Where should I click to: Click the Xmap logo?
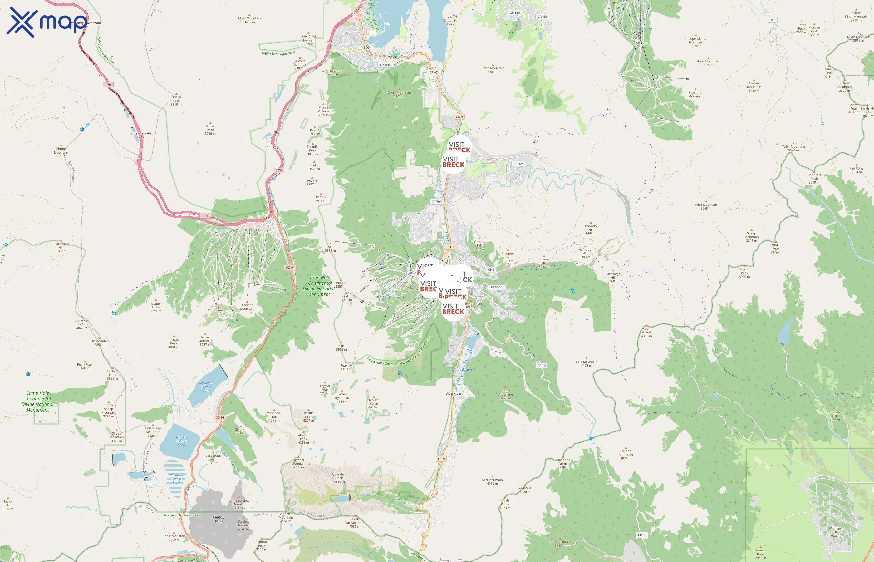click(x=47, y=22)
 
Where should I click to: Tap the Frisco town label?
click(x=364, y=47)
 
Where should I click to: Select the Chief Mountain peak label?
click(x=249, y=20)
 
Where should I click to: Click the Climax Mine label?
click(x=218, y=519)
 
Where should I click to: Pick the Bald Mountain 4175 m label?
click(x=586, y=363)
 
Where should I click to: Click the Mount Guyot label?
click(x=646, y=332)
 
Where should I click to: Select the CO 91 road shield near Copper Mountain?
click(x=290, y=268)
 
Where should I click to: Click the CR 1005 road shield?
click(x=385, y=65)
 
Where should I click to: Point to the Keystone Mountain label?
click(x=695, y=94)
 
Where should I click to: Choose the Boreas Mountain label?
click(x=626, y=454)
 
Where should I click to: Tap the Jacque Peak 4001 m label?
click(x=174, y=343)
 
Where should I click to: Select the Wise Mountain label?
click(x=706, y=206)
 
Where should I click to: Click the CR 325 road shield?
click(x=518, y=164)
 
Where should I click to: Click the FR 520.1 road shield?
click(x=496, y=287)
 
